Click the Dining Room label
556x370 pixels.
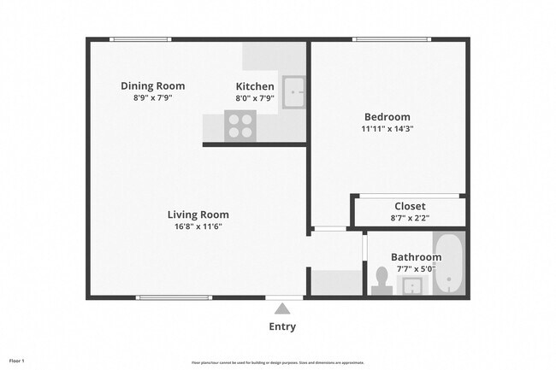152,85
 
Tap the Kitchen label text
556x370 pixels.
255,86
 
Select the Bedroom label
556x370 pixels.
387,117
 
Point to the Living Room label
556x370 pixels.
198,214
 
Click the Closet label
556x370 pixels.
410,206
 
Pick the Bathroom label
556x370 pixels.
416,257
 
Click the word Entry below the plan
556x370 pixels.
283,326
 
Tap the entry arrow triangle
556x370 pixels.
283,308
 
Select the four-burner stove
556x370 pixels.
240,127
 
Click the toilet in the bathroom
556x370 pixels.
382,279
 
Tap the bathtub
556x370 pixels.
448,264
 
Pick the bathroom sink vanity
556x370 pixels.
414,285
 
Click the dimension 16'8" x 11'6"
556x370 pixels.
198,226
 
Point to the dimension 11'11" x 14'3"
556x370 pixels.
387,129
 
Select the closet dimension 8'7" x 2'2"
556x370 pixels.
410,218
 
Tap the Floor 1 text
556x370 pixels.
17,360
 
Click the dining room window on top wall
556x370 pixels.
140,39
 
